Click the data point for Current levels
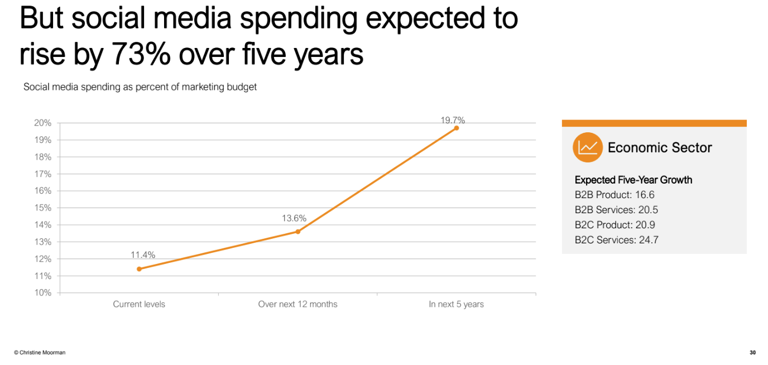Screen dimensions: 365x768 (139, 269)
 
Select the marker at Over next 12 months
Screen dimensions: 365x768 (297, 232)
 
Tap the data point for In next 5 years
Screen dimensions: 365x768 (456, 128)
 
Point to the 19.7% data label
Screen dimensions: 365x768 (452, 120)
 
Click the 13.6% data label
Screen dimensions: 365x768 (294, 218)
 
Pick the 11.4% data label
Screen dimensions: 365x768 (143, 255)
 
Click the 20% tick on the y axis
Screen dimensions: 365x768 (44, 123)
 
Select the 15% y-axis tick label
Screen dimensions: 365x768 (44, 208)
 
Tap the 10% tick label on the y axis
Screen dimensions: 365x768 (44, 292)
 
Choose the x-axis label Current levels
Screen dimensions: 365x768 (139, 304)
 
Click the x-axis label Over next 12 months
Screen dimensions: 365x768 (297, 304)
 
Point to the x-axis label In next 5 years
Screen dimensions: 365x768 (456, 304)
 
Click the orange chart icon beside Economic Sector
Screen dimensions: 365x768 (587, 147)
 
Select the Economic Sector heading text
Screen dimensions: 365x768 (660, 148)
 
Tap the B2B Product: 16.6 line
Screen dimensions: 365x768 (615, 195)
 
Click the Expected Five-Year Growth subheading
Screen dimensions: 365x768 (633, 180)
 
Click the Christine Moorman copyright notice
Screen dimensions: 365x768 (40, 353)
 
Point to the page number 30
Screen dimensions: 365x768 (752, 353)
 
